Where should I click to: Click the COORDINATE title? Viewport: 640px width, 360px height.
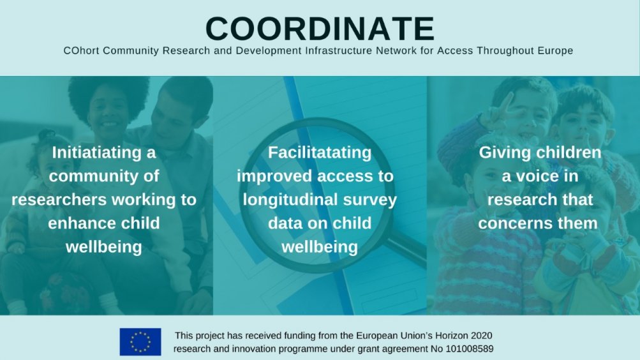(x=320, y=29)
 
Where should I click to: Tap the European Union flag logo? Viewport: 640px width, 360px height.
(x=140, y=341)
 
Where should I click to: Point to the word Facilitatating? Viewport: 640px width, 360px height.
(x=320, y=153)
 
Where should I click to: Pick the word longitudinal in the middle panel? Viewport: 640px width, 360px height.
(x=290, y=200)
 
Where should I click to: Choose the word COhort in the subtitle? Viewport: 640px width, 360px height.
(x=81, y=50)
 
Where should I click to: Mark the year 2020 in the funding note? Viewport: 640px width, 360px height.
(x=481, y=336)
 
